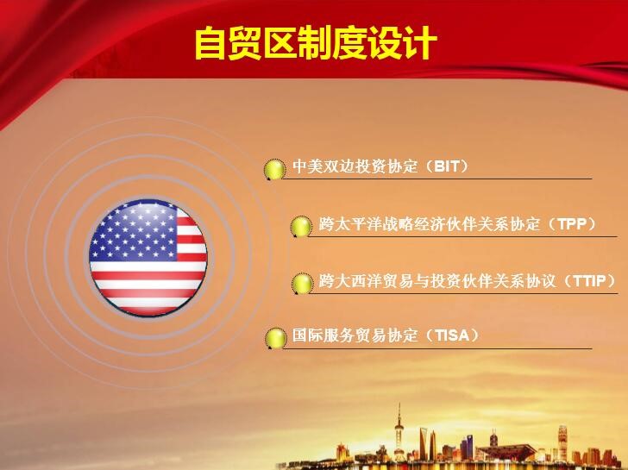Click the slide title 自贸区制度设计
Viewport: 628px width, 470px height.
click(x=316, y=43)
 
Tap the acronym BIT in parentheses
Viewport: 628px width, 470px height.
click(x=447, y=166)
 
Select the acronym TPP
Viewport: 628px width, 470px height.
click(x=572, y=223)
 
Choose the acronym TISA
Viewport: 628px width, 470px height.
click(x=452, y=335)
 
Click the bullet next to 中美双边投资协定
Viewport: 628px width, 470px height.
click(x=274, y=169)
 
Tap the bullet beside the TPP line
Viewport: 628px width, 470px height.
click(x=301, y=226)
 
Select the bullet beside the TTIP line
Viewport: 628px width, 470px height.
click(x=302, y=283)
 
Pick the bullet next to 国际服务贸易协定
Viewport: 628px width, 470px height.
click(x=275, y=338)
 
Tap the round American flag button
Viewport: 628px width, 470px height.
click(x=148, y=257)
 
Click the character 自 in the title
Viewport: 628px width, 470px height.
click(x=211, y=43)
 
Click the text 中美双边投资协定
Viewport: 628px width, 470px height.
click(x=355, y=166)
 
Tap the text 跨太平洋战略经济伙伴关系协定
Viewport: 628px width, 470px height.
click(x=430, y=223)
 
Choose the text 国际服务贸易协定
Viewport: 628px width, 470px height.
click(x=355, y=335)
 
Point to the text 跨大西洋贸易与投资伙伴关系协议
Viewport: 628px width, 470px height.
click(x=437, y=280)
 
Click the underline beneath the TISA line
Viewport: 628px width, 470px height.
click(x=437, y=348)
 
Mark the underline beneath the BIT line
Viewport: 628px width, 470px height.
click(x=437, y=179)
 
